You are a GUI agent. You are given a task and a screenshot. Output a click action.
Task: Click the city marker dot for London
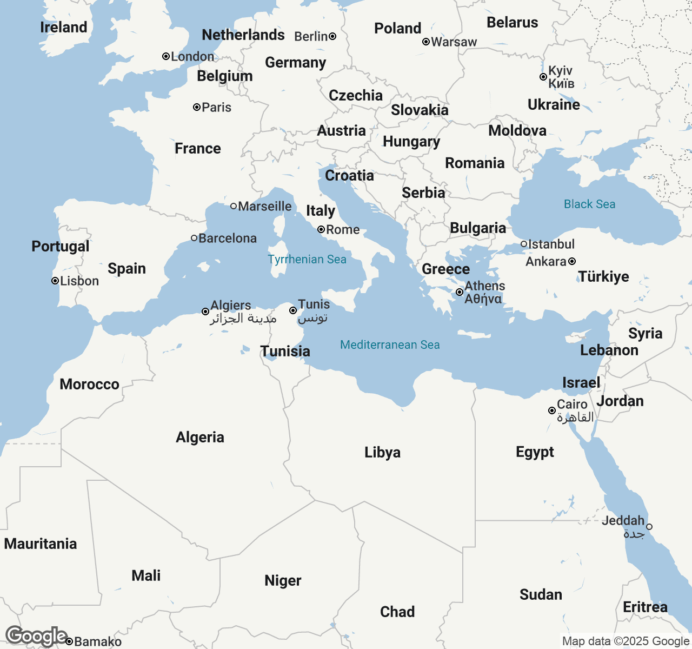[166, 56]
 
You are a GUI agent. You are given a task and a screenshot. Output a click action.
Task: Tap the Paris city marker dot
[197, 107]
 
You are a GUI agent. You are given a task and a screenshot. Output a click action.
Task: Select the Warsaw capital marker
[426, 42]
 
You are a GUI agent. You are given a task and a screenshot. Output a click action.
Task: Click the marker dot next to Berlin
[332, 36]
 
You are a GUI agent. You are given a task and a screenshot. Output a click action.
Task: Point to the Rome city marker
[321, 229]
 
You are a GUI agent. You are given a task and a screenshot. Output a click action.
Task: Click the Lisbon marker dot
[55, 281]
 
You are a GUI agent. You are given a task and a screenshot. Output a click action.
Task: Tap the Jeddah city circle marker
[649, 527]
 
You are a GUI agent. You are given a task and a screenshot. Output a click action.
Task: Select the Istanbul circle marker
[524, 244]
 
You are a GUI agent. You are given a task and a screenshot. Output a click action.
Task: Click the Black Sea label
[589, 204]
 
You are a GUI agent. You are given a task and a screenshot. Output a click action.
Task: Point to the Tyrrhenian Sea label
[307, 259]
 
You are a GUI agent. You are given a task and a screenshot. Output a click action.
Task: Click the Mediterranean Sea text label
[390, 345]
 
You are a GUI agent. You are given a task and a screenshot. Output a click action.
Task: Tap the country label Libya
[382, 452]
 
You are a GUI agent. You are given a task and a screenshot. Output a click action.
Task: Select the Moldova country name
[517, 130]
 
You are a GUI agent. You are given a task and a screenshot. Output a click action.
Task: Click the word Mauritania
[41, 544]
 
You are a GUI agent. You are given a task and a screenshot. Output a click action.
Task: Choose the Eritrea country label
[645, 607]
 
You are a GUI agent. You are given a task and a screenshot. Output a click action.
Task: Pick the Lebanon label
[609, 350]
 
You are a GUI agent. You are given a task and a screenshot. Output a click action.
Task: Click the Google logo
[36, 637]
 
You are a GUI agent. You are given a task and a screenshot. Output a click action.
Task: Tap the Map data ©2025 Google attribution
[626, 641]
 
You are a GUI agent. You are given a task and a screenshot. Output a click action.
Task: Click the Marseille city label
[264, 206]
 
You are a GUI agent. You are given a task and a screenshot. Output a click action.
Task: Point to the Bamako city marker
[69, 641]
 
